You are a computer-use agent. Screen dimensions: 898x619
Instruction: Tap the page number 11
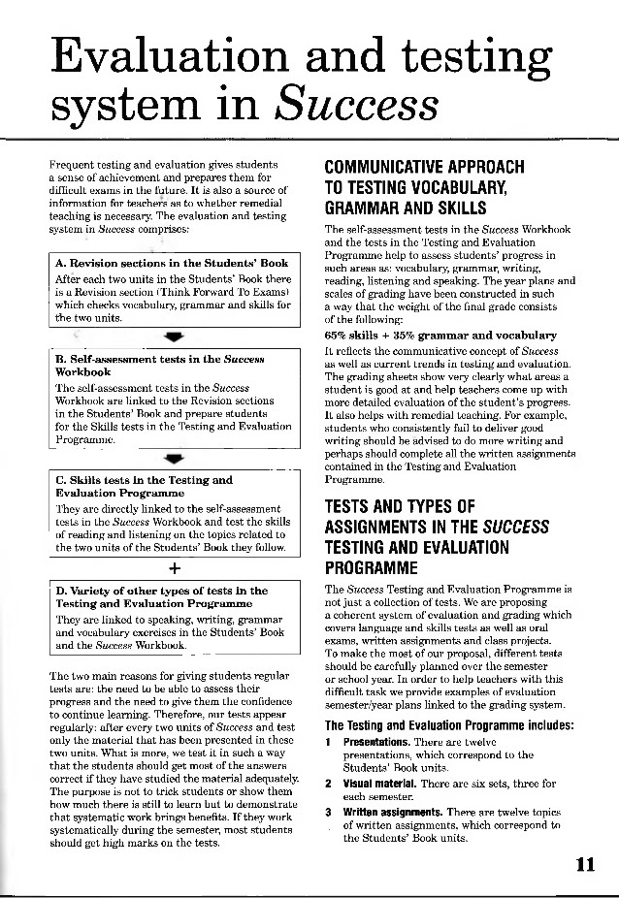coord(584,866)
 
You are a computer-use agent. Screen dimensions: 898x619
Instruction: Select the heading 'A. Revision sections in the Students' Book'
coord(172,263)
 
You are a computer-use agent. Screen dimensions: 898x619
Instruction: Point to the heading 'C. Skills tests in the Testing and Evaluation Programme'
coord(144,486)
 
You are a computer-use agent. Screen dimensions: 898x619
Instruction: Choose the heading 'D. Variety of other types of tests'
coord(161,596)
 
